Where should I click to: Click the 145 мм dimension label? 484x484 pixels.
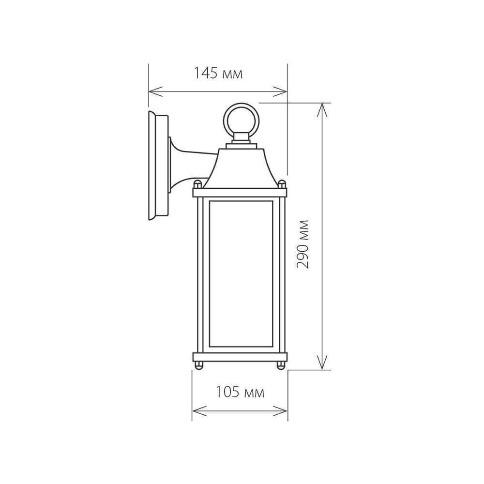pos(217,74)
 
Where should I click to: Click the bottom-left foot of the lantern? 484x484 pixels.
pos(198,366)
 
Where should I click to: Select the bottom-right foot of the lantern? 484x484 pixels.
pos(281,366)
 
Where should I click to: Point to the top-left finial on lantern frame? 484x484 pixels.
pos(197,184)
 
